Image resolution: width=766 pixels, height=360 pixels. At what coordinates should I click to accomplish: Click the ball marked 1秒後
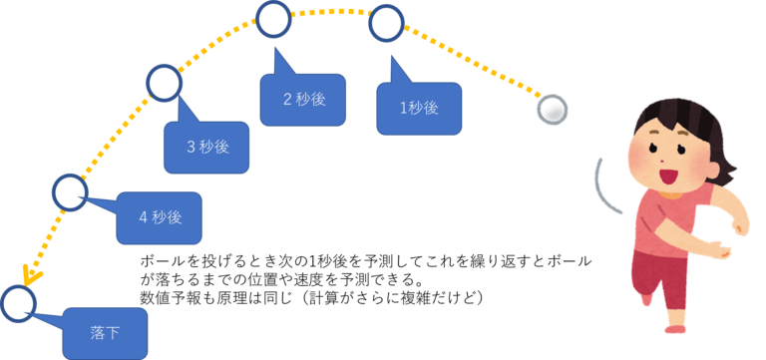pyautogui.click(x=386, y=23)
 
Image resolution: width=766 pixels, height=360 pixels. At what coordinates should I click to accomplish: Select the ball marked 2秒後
pyautogui.click(x=273, y=18)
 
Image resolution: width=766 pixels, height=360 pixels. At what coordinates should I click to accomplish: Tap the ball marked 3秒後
pyautogui.click(x=164, y=82)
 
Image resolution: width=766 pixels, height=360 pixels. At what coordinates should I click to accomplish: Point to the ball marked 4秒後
pyautogui.click(x=70, y=192)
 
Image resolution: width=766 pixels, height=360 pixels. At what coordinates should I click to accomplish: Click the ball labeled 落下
pyautogui.click(x=17, y=303)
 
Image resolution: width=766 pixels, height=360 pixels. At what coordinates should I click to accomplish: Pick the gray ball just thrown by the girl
pyautogui.click(x=552, y=109)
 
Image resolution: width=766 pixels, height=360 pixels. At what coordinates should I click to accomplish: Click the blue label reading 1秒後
pyautogui.click(x=419, y=108)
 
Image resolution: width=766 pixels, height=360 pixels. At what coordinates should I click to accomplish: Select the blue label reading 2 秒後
pyautogui.click(x=303, y=99)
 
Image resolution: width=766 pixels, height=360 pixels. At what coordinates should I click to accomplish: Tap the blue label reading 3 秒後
pyautogui.click(x=206, y=147)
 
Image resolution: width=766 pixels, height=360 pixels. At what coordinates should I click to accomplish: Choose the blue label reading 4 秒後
pyautogui.click(x=159, y=217)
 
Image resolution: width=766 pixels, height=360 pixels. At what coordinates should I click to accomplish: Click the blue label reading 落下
pyautogui.click(x=105, y=333)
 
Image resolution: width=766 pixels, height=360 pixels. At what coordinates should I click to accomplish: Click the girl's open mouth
pyautogui.click(x=667, y=176)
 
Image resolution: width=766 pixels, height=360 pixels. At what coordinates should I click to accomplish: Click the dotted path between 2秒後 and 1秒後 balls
pyautogui.click(x=330, y=13)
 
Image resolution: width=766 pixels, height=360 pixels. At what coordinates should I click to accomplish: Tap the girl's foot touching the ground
pyautogui.click(x=676, y=323)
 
